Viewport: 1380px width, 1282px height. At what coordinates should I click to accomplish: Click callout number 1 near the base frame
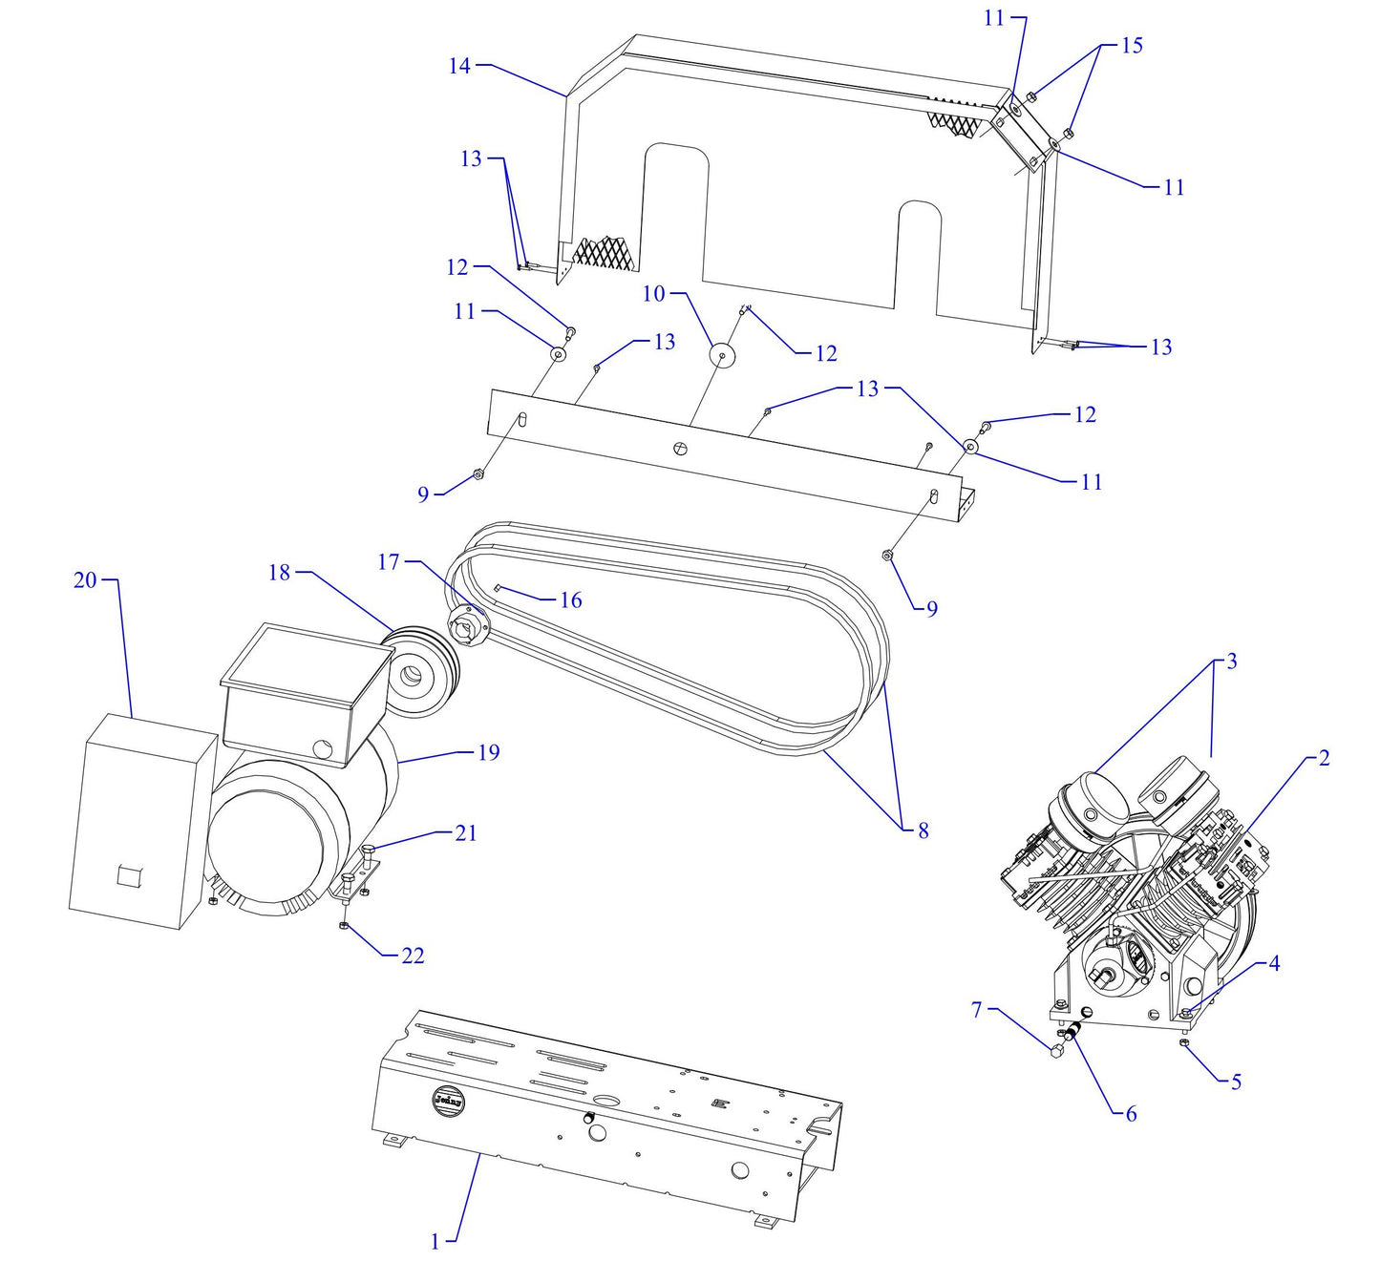coord(435,1241)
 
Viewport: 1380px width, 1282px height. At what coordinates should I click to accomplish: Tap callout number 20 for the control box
coord(85,579)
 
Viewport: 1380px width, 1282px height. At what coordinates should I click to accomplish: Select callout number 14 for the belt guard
coord(459,66)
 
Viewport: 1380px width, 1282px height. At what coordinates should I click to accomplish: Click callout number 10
coord(653,294)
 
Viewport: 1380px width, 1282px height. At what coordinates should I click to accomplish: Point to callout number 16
coord(570,599)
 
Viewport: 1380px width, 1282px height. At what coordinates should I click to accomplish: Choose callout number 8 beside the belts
coord(923,830)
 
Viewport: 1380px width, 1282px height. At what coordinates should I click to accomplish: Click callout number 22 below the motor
coord(413,955)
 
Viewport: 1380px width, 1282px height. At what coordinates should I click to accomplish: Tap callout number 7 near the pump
coord(976,1009)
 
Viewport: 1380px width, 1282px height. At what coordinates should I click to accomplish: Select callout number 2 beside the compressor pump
coord(1323,758)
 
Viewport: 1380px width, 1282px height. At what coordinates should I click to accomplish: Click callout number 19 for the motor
coord(488,752)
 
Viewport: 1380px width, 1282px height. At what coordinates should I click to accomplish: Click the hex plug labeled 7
coord(1056,1052)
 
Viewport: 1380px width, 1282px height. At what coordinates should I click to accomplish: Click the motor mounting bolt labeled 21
coord(369,851)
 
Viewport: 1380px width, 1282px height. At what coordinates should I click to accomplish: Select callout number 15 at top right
coord(1131,46)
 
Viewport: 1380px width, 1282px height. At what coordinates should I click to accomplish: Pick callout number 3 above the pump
coord(1231,662)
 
